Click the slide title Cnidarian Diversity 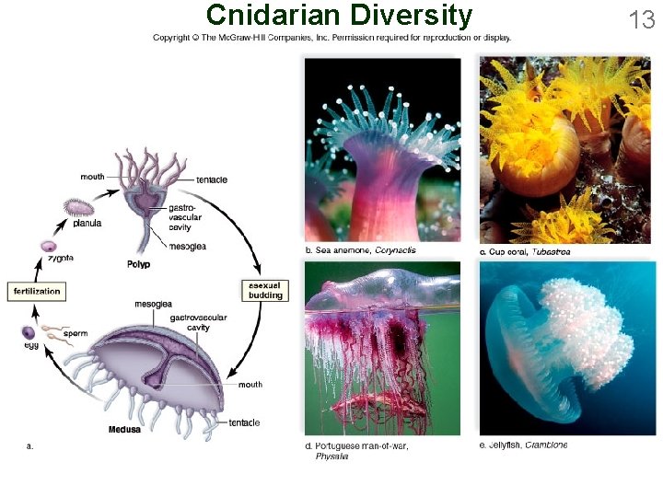point(339,15)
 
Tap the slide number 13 point(641,17)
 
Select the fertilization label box point(37,292)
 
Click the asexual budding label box point(265,291)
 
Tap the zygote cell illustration point(48,247)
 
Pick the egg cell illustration point(29,332)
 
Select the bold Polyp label point(138,264)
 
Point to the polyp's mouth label point(92,177)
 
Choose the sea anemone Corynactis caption point(360,250)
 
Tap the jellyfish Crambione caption point(523,445)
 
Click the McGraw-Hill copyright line point(331,38)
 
